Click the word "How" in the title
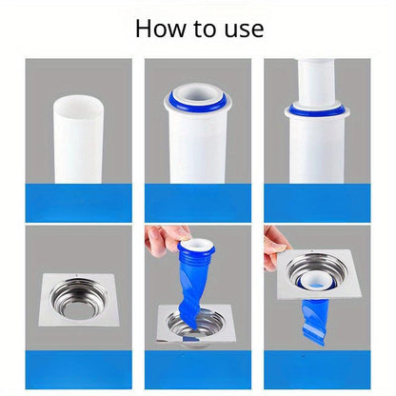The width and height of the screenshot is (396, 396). pyautogui.click(x=161, y=29)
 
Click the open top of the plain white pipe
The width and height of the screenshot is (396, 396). pyautogui.click(x=77, y=108)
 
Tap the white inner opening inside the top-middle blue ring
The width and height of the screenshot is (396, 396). pyautogui.click(x=197, y=94)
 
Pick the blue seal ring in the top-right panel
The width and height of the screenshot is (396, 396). pyautogui.click(x=317, y=109)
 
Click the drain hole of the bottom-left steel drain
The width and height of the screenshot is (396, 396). pyautogui.click(x=78, y=309)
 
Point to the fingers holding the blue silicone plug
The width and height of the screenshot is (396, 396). pyautogui.click(x=165, y=239)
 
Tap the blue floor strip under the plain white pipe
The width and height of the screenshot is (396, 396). pyautogui.click(x=79, y=203)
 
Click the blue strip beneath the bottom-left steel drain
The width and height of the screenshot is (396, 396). pyautogui.click(x=79, y=369)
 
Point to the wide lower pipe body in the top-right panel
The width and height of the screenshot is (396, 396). pyautogui.click(x=317, y=149)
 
